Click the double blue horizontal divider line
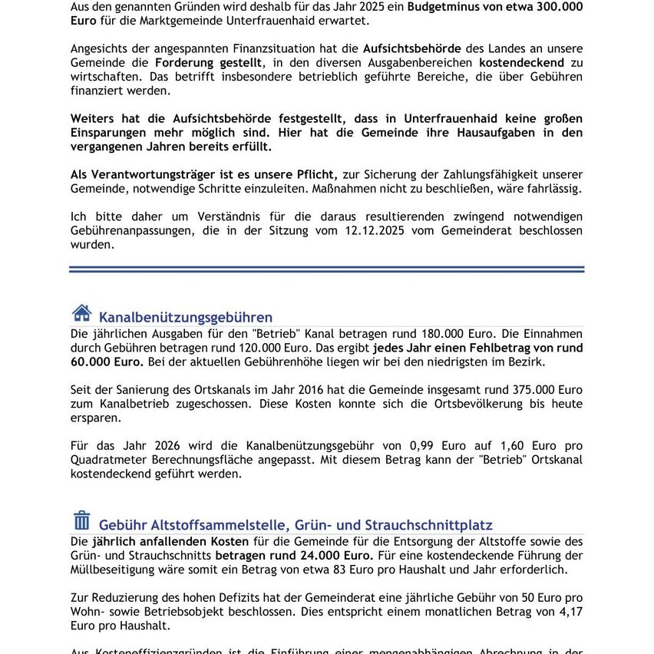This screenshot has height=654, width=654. [x=326, y=269]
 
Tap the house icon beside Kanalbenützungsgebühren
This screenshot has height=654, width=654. [x=81, y=313]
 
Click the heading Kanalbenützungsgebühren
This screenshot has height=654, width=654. [x=185, y=317]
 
